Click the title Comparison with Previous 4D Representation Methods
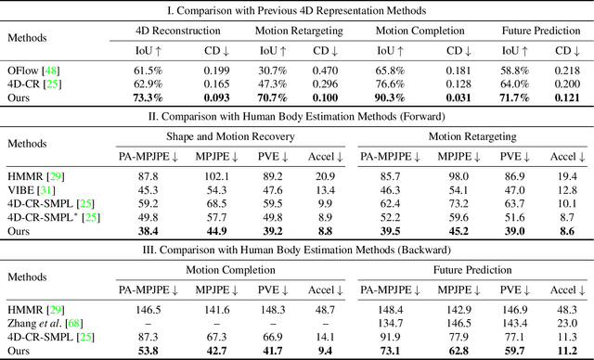(297, 10)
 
